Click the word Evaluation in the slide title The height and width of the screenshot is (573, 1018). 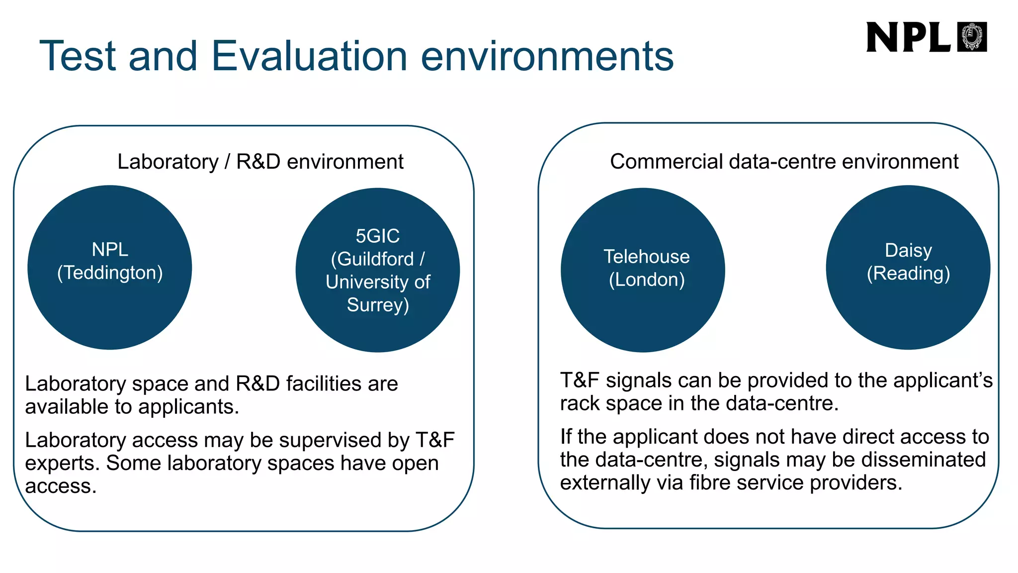point(309,56)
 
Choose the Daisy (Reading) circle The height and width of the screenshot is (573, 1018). point(908,313)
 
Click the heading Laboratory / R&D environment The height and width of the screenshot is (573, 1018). point(260,162)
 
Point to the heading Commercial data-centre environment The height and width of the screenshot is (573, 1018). point(784,162)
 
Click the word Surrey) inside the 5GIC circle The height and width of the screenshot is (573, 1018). point(378,305)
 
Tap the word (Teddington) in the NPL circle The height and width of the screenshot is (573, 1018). point(110,273)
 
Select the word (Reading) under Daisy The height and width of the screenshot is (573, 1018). point(908,274)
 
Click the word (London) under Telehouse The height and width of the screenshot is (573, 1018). point(647,280)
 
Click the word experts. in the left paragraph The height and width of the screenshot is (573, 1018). point(63,464)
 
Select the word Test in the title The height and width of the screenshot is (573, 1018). point(78,56)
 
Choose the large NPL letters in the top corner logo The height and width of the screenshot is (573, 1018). point(908,37)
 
